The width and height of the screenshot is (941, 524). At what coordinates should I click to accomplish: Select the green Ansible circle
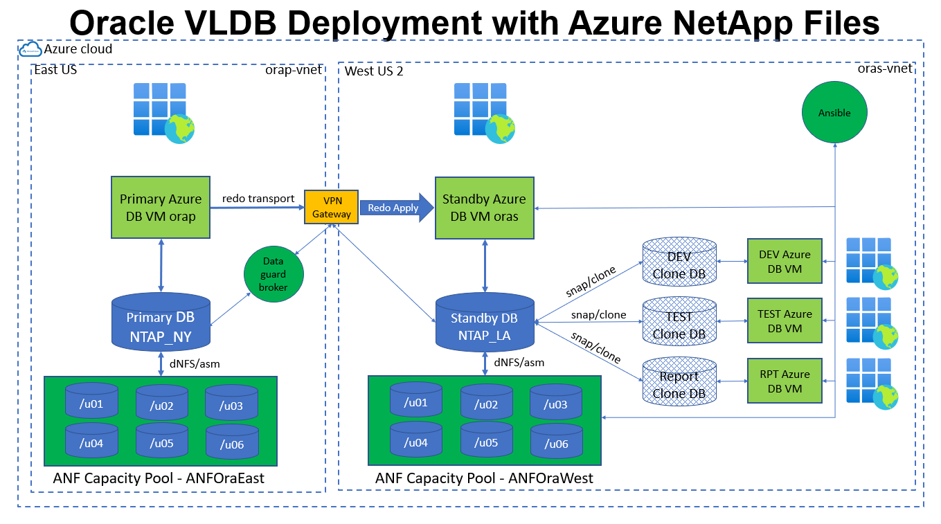click(834, 113)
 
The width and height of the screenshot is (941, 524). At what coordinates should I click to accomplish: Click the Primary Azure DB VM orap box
click(161, 207)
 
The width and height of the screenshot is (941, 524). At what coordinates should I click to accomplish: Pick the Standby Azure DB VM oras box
click(484, 207)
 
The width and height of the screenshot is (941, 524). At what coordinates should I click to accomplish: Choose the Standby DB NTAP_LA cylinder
click(484, 323)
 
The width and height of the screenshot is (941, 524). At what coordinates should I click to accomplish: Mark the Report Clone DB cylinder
click(679, 381)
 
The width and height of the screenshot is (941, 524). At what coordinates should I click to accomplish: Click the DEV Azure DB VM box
click(785, 261)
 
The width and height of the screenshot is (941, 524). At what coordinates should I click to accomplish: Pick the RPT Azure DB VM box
click(785, 381)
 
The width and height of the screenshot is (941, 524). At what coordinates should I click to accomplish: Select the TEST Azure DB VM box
click(785, 320)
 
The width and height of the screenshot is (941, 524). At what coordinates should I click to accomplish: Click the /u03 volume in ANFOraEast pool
click(231, 403)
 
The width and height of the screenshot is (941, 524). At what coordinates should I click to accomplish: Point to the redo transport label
click(258, 199)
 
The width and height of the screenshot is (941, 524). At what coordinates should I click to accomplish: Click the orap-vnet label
click(294, 70)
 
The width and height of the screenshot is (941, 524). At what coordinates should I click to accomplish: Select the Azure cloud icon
click(30, 48)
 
